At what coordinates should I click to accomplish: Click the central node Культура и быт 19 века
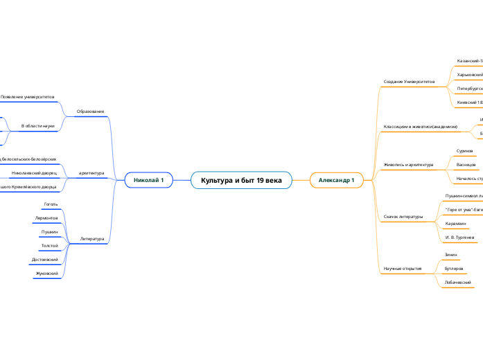pyautogui.click(x=241, y=180)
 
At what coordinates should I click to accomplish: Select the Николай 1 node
pyautogui.click(x=148, y=180)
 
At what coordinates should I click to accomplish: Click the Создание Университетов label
pyautogui.click(x=409, y=82)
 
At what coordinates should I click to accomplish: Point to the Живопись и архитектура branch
pyautogui.click(x=408, y=165)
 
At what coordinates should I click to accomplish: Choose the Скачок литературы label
pyautogui.click(x=403, y=217)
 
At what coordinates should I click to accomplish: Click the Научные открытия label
pyautogui.click(x=403, y=269)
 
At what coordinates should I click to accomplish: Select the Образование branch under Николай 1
pyautogui.click(x=90, y=111)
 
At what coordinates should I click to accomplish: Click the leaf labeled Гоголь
pyautogui.click(x=51, y=205)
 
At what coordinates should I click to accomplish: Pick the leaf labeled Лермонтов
pyautogui.click(x=46, y=218)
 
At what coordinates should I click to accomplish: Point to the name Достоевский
pyautogui.click(x=45, y=260)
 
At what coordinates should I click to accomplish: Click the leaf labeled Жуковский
pyautogui.click(x=46, y=273)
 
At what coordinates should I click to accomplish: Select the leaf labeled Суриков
pyautogui.click(x=464, y=150)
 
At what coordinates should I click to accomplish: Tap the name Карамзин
pyautogui.click(x=456, y=224)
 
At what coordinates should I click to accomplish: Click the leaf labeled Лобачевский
pyautogui.click(x=457, y=282)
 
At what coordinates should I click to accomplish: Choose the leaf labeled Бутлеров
pyautogui.click(x=454, y=268)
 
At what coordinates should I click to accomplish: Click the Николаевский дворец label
pyautogui.click(x=34, y=172)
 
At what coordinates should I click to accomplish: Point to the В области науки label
pyautogui.click(x=38, y=126)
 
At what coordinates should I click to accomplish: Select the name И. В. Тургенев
pyautogui.click(x=460, y=237)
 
